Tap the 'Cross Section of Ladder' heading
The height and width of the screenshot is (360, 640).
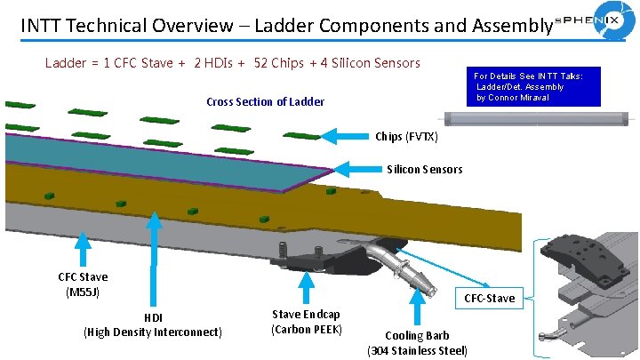pyautogui.click(x=265, y=101)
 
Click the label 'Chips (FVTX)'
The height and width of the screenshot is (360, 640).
pyautogui.click(x=406, y=136)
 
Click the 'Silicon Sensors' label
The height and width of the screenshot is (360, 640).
pyautogui.click(x=424, y=169)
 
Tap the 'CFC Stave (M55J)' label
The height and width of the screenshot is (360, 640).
pyautogui.click(x=83, y=284)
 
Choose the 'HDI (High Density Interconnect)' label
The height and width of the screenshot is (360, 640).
pyautogui.click(x=152, y=325)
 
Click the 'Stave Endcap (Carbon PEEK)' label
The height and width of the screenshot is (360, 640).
pyautogui.click(x=306, y=322)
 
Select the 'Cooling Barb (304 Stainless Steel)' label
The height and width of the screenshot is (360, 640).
pyautogui.click(x=417, y=343)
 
